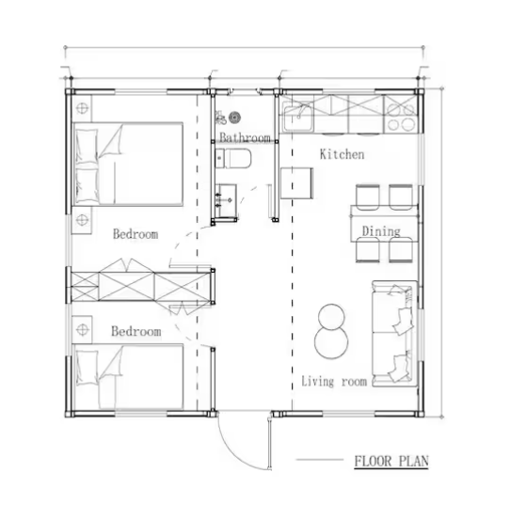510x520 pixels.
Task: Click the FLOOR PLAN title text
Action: tap(390, 461)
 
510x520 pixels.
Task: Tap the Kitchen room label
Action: tap(342, 154)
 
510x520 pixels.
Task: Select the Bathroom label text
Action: tap(245, 138)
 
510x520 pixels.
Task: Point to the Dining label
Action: tap(381, 231)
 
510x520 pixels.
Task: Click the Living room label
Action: tap(333, 381)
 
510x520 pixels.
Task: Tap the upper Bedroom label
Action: tap(135, 234)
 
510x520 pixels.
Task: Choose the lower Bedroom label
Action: tap(135, 332)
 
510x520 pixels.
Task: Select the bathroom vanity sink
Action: tap(224, 199)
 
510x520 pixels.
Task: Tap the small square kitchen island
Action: tap(297, 183)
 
